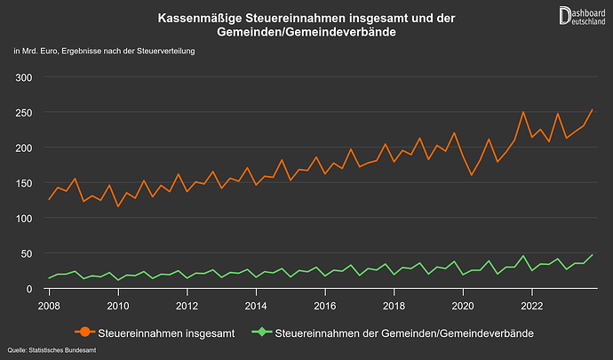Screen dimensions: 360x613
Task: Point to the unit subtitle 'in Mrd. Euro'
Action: coord(104,51)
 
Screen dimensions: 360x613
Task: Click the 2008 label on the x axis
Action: coord(49,306)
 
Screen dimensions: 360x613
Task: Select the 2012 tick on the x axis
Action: coord(187,306)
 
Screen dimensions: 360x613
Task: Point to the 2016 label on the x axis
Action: coord(325,306)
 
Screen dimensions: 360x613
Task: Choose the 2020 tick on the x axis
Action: coord(463,306)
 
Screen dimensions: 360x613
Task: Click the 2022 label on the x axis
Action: coord(532,306)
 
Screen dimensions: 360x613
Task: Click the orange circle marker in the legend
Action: coord(84,332)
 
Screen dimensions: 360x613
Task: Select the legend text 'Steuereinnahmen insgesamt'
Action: coord(167,332)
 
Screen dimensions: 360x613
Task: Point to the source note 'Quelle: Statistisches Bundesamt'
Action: coord(52,351)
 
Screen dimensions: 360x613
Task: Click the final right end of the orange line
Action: coord(593,109)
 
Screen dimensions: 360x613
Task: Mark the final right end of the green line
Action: coord(593,255)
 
